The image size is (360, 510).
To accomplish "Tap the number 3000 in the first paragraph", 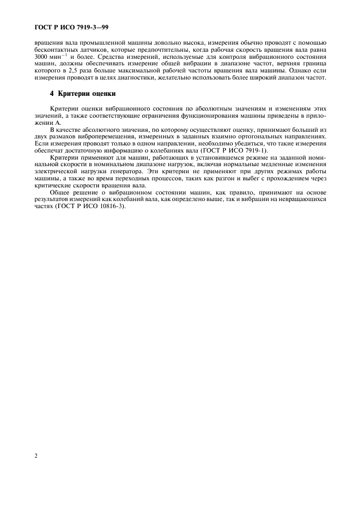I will [42, 57].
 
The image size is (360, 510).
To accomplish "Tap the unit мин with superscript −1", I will [59, 57].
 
